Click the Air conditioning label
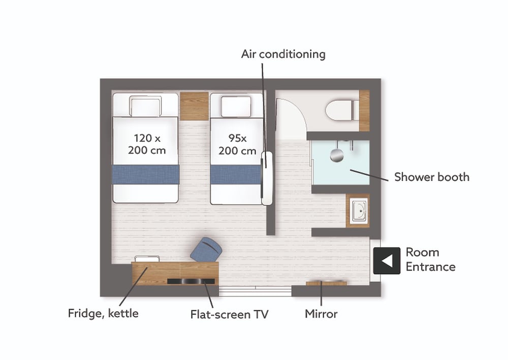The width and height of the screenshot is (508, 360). pos(283,54)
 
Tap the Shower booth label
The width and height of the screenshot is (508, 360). pos(432,177)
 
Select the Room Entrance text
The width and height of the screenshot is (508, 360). pos(431,259)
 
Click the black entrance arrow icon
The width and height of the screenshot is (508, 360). pos(387,260)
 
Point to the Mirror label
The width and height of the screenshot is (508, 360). pos(321,314)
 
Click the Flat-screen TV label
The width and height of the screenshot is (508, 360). pos(230,314)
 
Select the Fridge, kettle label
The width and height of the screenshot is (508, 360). pos(103,313)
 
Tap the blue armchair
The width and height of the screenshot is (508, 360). pos(206,250)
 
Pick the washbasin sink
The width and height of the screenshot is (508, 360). pos(359,211)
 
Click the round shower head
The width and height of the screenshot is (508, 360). pos(337,155)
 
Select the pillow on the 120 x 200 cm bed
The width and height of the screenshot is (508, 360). pos(145,106)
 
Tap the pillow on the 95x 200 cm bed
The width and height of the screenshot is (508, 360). pos(236,106)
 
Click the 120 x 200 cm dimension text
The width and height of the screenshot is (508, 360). pos(147,144)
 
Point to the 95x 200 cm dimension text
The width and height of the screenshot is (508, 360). pos(237,144)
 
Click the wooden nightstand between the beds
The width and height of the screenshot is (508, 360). pos(194,106)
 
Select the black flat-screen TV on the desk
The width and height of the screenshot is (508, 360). pos(191,281)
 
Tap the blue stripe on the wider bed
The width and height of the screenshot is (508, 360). pos(146,175)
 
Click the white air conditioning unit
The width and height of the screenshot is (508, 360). pos(267,178)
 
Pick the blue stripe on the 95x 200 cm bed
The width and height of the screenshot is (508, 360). pos(236,175)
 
